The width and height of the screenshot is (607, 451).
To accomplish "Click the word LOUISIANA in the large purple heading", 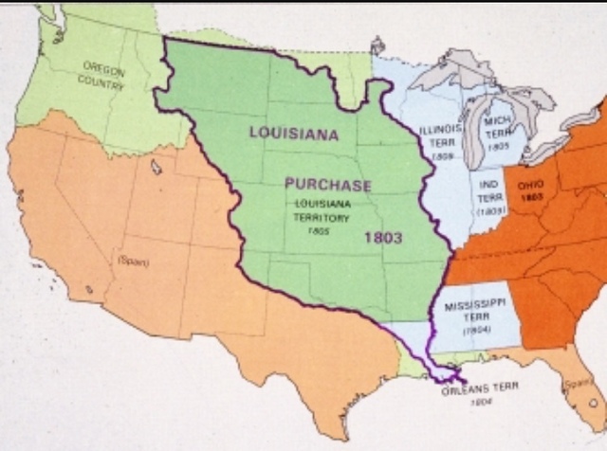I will coord(293,133).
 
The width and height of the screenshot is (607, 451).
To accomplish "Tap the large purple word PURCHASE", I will coord(327,185).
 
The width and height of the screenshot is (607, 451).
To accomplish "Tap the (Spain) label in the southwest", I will coord(133,258).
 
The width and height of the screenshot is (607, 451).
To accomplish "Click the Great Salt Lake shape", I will coord(156,167).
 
